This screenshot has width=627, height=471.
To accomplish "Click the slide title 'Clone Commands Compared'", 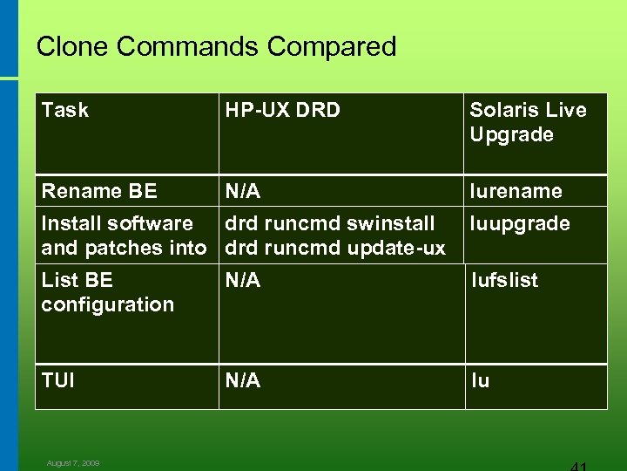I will point(216,46).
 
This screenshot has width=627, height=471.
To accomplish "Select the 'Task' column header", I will point(65,110).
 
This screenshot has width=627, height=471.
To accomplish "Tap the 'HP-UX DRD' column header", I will point(282,110).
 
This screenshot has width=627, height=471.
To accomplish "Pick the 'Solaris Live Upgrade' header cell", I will point(528,122).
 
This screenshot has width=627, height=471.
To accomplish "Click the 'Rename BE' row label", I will point(99,190).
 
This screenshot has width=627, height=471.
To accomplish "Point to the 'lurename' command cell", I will point(516,190).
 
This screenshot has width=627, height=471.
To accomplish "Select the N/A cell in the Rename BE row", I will point(243,190).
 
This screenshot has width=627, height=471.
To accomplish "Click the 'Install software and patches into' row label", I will point(124,235).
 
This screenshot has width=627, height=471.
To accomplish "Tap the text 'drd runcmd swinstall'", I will point(330,224).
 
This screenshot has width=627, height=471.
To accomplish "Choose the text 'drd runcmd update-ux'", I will point(335,248).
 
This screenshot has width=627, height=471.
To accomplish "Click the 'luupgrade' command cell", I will point(520,224).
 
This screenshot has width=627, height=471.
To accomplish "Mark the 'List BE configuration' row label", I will point(107,292).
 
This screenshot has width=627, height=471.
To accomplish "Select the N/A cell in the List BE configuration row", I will point(243,280).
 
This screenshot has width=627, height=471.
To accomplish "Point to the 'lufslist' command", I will point(504,280).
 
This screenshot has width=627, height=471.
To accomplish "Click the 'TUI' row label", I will point(57,380).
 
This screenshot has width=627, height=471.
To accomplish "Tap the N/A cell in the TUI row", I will point(243,380).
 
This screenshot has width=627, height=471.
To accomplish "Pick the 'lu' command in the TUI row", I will point(480,380).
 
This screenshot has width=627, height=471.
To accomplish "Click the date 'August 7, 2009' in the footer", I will point(73,463).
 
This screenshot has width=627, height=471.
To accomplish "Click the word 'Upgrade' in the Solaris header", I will point(511,134).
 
